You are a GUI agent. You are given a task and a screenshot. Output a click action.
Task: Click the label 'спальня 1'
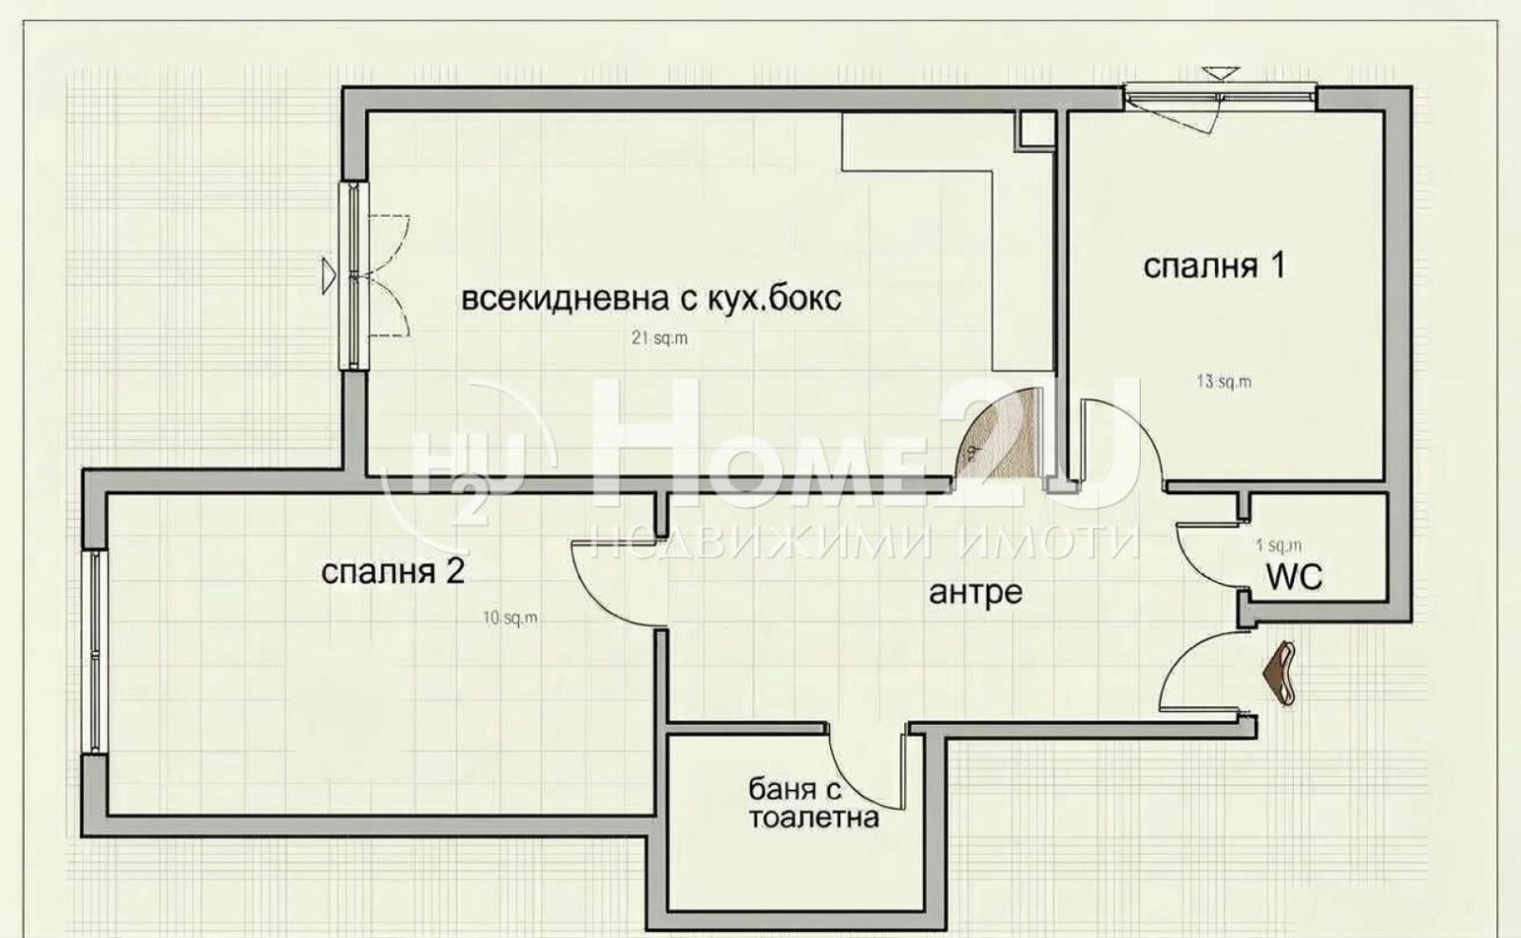[1213, 266]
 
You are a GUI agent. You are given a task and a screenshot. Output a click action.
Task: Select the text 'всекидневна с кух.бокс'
[651, 299]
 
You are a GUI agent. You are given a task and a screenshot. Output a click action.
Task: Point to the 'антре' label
[975, 593]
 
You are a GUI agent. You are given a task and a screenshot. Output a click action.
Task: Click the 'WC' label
[1294, 576]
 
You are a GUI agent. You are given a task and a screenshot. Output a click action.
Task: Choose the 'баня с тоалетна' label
[812, 803]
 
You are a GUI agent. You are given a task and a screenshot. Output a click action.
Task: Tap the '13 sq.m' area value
[1223, 382]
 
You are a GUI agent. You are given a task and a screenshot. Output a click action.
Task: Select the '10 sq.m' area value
[510, 618]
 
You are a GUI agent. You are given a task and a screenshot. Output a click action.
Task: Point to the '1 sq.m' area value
[1278, 546]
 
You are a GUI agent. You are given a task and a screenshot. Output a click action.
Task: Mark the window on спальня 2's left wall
[96, 653]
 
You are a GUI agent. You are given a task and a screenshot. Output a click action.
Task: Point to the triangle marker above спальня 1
[1221, 73]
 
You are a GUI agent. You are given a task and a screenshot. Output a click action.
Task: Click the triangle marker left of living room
[328, 274]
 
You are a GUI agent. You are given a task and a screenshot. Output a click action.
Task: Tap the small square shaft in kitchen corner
[1035, 130]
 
